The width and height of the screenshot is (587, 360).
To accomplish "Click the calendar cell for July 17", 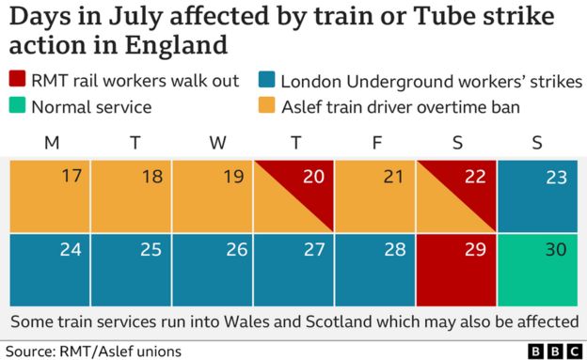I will pos(49,196).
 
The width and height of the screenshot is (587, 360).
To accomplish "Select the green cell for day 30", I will pos(537,270).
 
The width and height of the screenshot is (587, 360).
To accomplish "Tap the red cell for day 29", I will pos(456,270).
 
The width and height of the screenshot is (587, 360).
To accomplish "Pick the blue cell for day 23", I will pos(537,196).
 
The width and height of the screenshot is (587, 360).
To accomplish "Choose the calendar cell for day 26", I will pos(212,270).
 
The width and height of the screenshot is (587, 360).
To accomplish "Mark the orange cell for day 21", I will pos(374,196).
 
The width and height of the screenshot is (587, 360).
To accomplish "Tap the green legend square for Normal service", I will pos(18,106).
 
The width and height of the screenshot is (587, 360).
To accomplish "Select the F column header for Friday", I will pos(376,143).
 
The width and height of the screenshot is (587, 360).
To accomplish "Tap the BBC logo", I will pos(551,351).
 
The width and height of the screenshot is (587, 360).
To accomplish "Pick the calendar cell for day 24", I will pos(49,270).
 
